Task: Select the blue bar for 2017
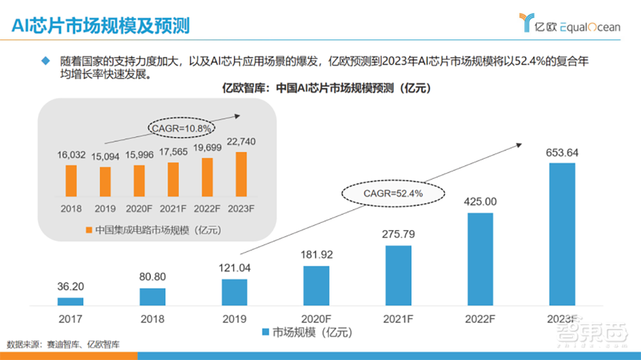pos(70,301)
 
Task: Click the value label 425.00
pos(480,202)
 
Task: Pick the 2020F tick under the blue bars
pos(316,316)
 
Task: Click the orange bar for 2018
pos(71,180)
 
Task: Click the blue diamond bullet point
pos(45,61)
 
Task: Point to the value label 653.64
pos(562,152)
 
